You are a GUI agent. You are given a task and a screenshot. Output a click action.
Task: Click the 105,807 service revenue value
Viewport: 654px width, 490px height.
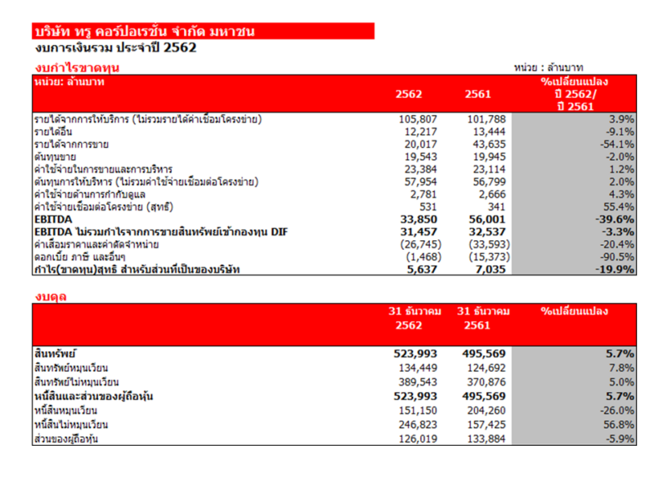419,119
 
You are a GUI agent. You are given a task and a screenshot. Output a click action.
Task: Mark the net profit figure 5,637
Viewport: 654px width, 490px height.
423,269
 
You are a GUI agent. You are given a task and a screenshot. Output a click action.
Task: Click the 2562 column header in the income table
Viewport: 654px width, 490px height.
409,94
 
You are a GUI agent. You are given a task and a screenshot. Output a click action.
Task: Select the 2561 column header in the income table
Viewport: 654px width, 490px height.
477,94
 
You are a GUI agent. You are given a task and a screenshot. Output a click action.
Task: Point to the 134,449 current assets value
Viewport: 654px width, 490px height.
419,367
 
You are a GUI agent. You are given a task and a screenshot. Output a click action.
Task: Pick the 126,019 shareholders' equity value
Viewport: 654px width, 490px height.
419,439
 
